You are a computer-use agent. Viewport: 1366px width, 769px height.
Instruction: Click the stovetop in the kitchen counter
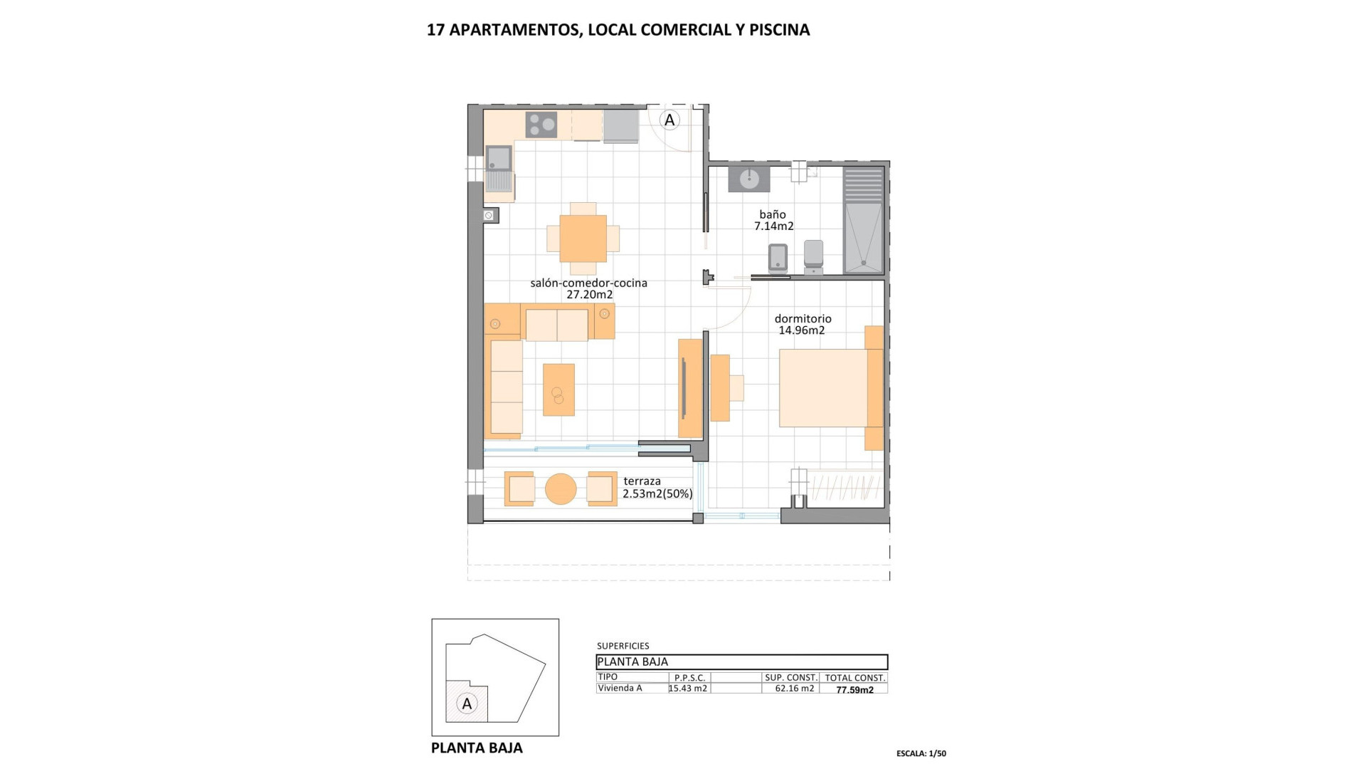tap(541, 125)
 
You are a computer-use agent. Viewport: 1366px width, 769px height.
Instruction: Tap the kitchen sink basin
tap(499, 157)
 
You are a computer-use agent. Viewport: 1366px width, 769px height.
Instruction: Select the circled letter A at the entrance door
tap(669, 120)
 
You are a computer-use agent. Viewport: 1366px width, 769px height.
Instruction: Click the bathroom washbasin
tap(748, 179)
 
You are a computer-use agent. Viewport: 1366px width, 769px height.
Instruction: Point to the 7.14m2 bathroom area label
tap(773, 226)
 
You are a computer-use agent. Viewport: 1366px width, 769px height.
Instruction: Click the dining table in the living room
tap(583, 238)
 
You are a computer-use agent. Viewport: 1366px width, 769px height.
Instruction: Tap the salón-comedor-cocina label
tap(588, 283)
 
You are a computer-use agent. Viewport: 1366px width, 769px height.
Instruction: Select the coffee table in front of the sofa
tap(558, 389)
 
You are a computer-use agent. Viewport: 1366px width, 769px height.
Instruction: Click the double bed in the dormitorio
tap(825, 387)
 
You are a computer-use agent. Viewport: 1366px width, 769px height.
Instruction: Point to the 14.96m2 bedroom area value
tap(801, 330)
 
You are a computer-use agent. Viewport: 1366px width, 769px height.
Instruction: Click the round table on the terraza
tap(561, 489)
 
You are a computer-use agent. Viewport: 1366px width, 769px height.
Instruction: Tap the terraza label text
tap(642, 481)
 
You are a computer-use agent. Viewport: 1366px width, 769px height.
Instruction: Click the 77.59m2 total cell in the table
tap(854, 690)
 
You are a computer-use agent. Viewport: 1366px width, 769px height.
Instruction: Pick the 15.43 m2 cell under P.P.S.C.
tap(688, 689)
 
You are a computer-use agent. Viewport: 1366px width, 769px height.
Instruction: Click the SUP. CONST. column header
tap(790, 678)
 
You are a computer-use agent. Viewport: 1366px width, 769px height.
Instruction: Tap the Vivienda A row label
tap(620, 689)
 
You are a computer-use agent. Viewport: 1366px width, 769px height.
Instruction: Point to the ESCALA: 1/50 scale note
tap(921, 753)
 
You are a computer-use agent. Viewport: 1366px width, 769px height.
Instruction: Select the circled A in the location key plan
tap(467, 704)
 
